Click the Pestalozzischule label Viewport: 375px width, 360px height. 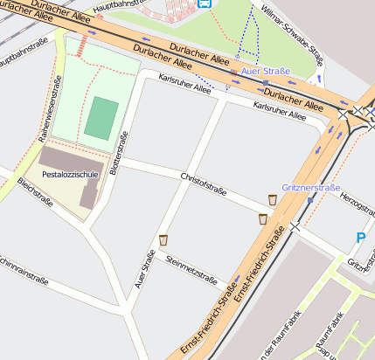(x=71, y=174)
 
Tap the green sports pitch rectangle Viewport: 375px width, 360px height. (x=102, y=118)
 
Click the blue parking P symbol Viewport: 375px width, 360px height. (x=361, y=237)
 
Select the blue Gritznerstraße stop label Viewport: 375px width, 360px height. (x=311, y=188)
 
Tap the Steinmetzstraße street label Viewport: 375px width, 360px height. (x=191, y=267)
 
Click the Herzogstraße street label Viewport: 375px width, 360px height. (x=356, y=206)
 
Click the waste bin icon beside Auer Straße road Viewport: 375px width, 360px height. (x=163, y=239)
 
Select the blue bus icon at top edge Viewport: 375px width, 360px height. (x=205, y=3)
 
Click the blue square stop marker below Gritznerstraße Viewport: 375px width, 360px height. (x=310, y=200)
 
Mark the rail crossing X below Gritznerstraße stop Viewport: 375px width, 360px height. (x=296, y=226)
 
